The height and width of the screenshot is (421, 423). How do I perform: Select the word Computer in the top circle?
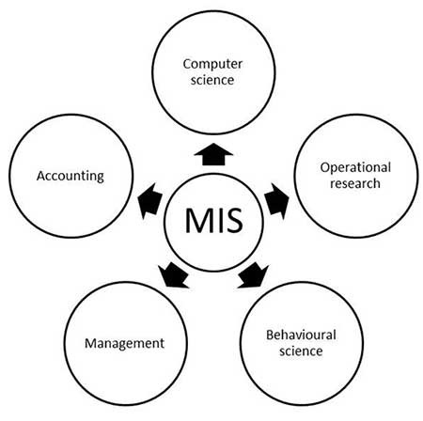pyautogui.click(x=211, y=65)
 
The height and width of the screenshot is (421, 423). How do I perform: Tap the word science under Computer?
pyautogui.click(x=211, y=81)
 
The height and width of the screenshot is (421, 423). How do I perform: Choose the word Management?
pyautogui.click(x=118, y=343)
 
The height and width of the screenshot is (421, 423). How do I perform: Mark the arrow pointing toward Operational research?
pyautogui.click(x=276, y=200)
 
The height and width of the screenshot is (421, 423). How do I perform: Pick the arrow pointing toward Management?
pyautogui.click(x=171, y=275)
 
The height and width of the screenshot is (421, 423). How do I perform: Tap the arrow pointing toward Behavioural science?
pyautogui.click(x=253, y=275)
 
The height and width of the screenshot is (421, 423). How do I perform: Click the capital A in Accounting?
pyautogui.click(x=40, y=175)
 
